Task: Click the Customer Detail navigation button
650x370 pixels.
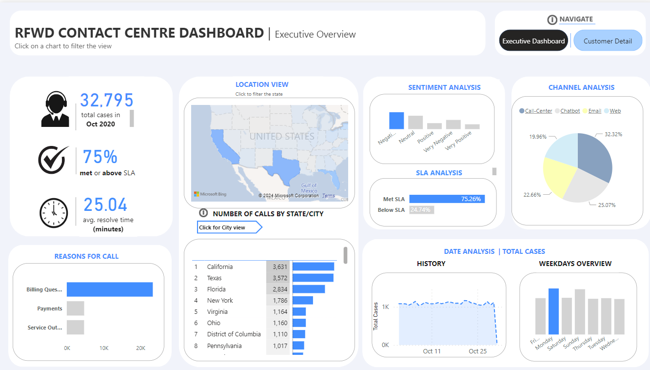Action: tap(608, 41)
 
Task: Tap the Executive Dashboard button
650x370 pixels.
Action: tap(533, 41)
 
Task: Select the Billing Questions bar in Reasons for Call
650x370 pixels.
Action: tap(110, 289)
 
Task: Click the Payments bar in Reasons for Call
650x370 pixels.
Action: tap(75, 308)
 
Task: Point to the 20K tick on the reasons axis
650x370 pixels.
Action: tap(140, 348)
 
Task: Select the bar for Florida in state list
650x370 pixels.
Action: tap(308, 289)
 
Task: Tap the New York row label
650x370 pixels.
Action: tap(220, 300)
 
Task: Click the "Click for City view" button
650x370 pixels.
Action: tap(229, 227)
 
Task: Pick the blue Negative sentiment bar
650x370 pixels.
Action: tap(396, 121)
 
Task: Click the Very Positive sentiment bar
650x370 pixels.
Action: tap(472, 126)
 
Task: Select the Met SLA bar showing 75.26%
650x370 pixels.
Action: tap(447, 199)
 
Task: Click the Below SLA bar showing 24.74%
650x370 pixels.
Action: tap(421, 210)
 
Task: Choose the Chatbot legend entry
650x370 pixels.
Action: tap(570, 111)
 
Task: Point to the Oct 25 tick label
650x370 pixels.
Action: tap(477, 351)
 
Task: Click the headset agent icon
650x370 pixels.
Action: tap(55, 110)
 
